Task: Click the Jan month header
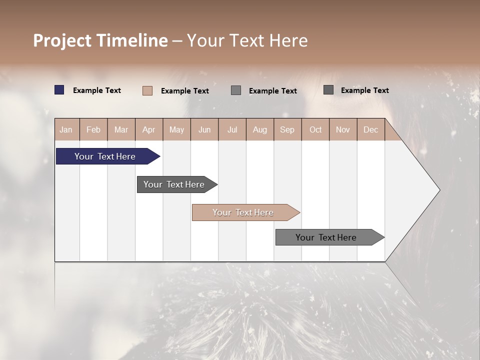66,129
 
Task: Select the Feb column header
93,129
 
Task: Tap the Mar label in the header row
121,129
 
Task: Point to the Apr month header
148,129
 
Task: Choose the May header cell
176,129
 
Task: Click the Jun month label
204,129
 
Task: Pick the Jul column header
232,129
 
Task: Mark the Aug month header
259,129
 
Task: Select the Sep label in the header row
287,129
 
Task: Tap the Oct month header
315,129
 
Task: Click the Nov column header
343,129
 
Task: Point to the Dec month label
370,129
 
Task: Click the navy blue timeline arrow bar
105,156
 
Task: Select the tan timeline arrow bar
243,212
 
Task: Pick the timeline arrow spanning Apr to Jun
174,184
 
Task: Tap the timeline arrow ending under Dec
326,237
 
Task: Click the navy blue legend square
59,90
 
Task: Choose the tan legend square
147,90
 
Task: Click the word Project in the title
62,40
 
